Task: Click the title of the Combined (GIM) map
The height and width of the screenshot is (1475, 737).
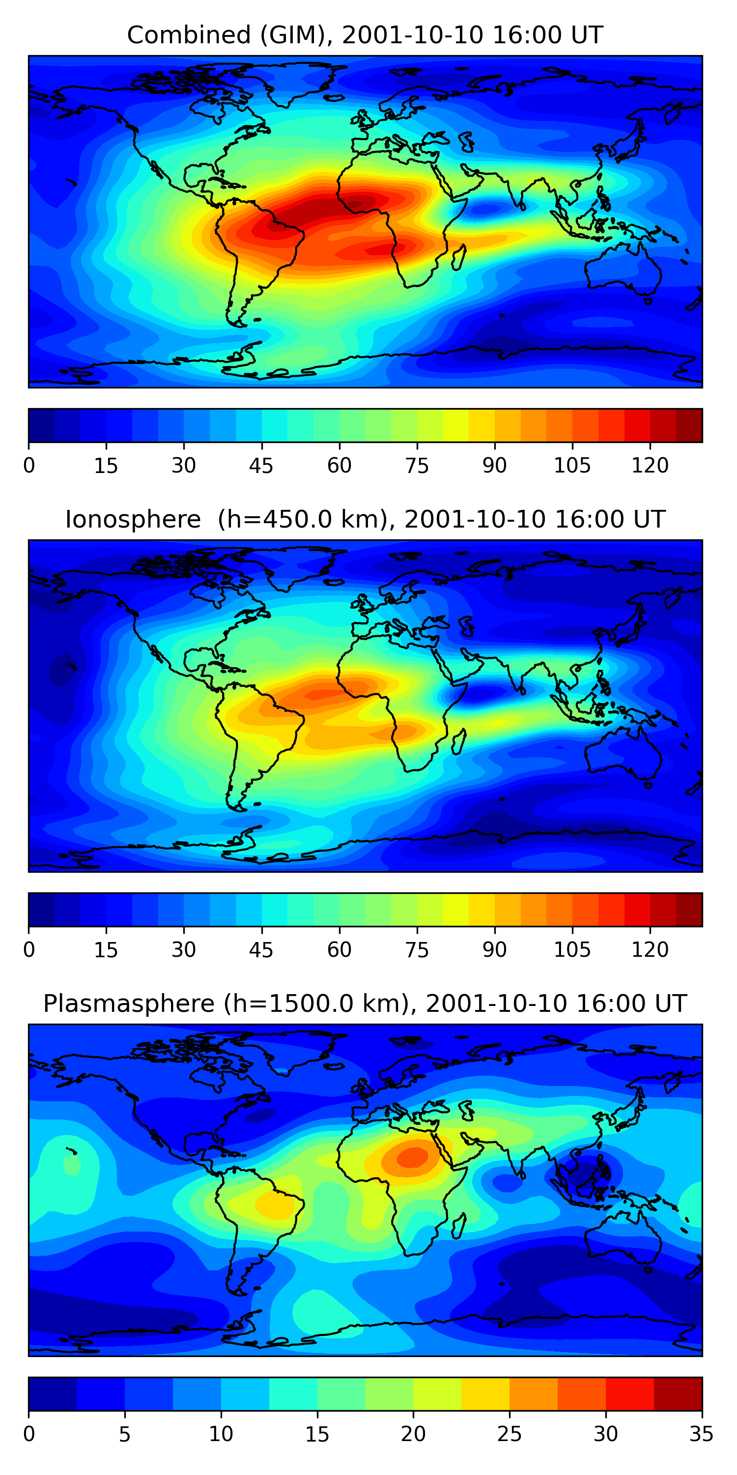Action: (365, 35)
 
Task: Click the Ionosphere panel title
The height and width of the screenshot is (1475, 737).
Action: (365, 519)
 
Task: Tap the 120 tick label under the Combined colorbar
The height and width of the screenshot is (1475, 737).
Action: (650, 466)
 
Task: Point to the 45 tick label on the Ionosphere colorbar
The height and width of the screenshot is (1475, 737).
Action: (261, 950)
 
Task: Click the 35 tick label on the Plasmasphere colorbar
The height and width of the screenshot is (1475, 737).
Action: (701, 1434)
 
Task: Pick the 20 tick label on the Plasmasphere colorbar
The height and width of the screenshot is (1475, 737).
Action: (413, 1434)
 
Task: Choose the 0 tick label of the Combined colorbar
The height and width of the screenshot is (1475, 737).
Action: (29, 466)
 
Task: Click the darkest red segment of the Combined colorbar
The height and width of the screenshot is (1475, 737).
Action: (689, 425)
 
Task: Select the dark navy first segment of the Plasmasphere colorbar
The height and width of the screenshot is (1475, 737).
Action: (52, 1394)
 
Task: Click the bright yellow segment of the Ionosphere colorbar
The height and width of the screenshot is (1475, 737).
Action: (455, 909)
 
